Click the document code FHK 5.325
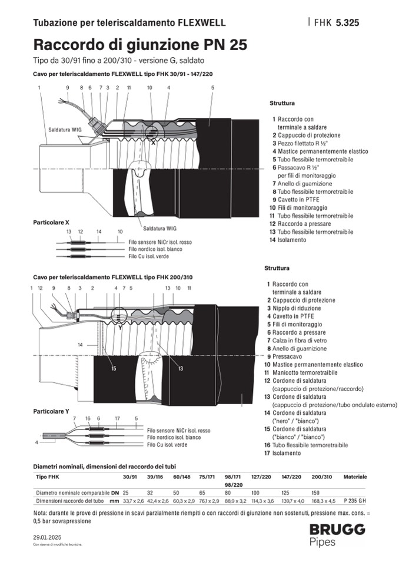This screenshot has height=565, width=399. coord(336,23)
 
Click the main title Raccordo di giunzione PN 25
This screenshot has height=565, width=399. coord(140,45)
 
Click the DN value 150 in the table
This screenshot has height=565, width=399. coord(315,492)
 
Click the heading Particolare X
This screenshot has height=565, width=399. coord(51,222)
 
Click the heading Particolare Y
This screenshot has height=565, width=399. coord(51,410)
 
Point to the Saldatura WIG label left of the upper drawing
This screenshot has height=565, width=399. coord(61,128)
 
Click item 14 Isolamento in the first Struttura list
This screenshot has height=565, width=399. coord(292,240)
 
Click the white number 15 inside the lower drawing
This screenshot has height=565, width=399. coord(114,368)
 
